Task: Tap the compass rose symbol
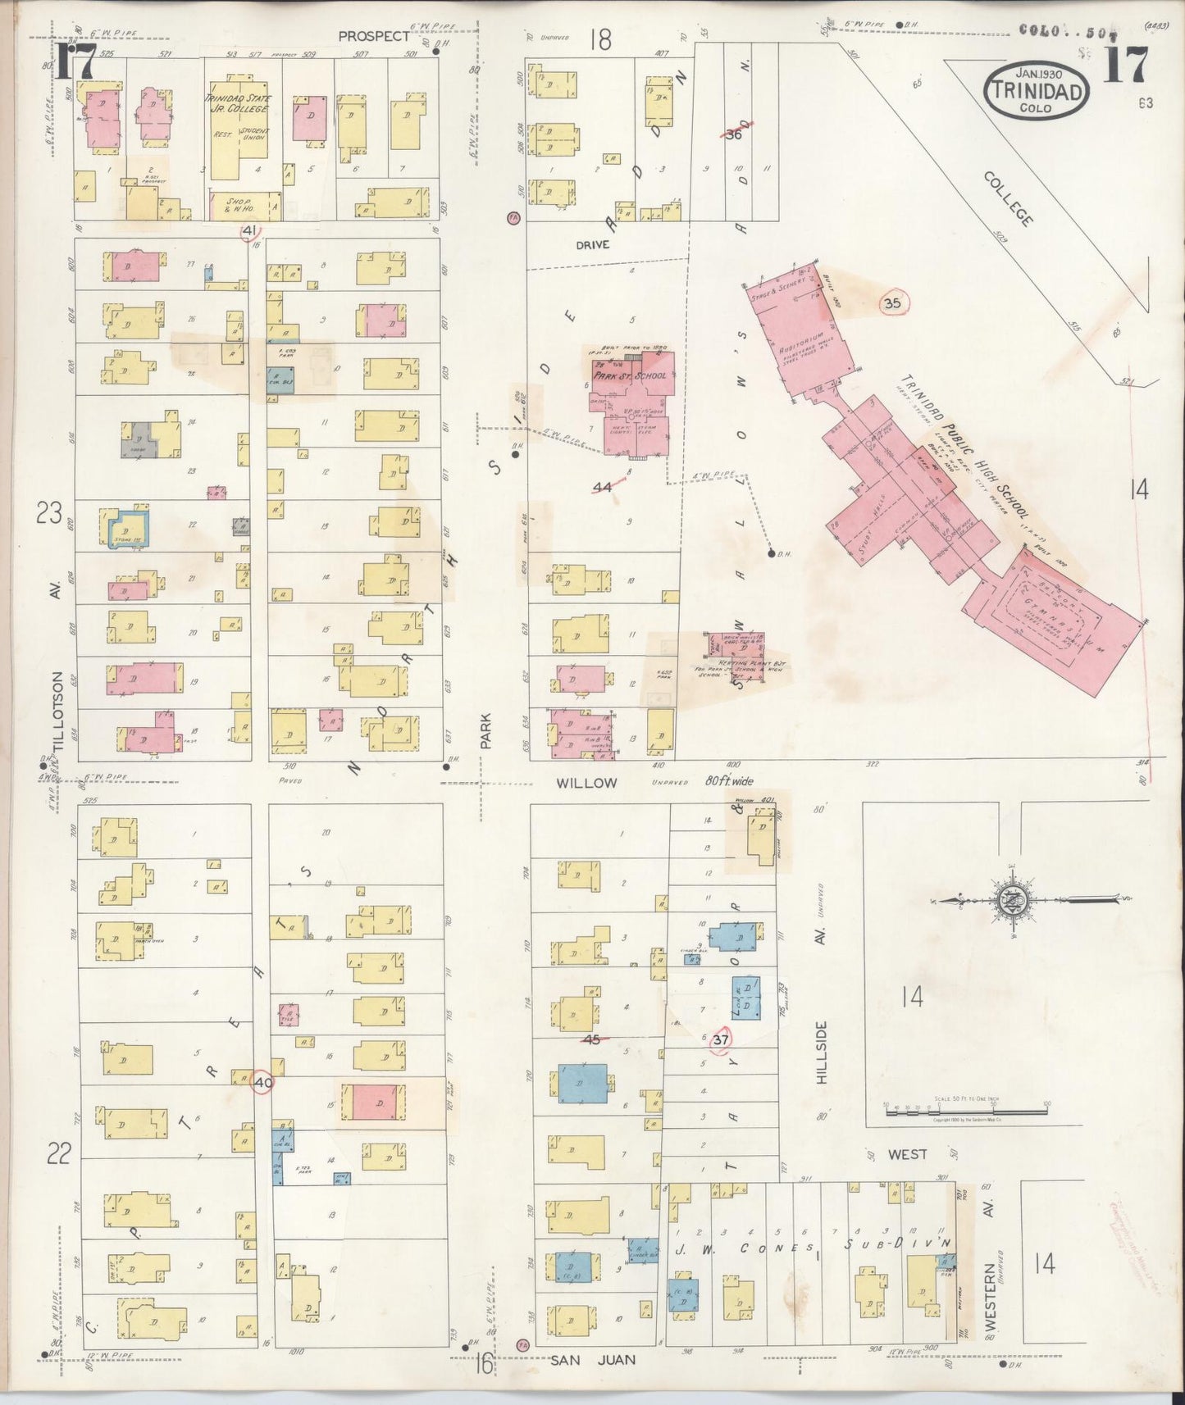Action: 1010,900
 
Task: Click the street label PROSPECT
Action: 373,36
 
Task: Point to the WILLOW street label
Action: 586,783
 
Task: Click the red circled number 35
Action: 893,303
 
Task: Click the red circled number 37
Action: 721,1039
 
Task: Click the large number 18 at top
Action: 600,39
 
